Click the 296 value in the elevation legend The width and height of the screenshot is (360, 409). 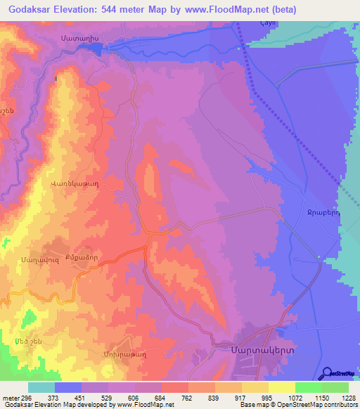coord(21,397)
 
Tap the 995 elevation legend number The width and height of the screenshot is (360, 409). coord(268,397)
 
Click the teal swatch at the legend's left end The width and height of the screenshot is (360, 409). coord(41,387)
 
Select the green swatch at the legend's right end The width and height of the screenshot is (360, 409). coord(335,387)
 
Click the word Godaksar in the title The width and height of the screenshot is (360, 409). coord(29,9)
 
